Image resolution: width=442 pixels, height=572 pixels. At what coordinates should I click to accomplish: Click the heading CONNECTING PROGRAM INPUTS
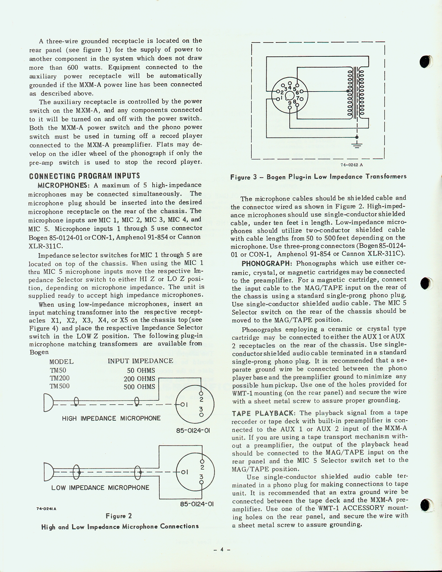pyautogui.click(x=84, y=176)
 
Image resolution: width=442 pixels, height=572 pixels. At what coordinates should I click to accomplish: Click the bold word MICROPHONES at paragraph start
pyautogui.click(x=60, y=185)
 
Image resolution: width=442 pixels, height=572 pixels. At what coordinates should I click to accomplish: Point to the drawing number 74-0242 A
pyautogui.click(x=352, y=165)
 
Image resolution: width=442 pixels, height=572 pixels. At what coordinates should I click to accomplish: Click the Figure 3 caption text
pyautogui.click(x=318, y=177)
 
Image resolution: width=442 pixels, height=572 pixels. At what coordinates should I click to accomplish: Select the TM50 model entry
pyautogui.click(x=58, y=370)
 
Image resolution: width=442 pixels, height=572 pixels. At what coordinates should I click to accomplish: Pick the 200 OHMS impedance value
pyautogui.click(x=139, y=379)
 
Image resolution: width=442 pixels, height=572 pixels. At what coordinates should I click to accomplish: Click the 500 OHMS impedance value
pyautogui.click(x=139, y=387)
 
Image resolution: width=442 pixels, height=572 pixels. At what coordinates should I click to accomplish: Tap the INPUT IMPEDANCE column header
pyautogui.click(x=140, y=361)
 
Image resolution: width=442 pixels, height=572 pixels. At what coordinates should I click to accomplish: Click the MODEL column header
pyautogui.click(x=61, y=362)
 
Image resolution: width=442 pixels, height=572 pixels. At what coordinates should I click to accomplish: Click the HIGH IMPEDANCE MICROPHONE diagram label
pyautogui.click(x=111, y=418)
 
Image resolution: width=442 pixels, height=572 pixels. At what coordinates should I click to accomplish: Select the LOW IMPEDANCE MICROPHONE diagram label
pyautogui.click(x=100, y=488)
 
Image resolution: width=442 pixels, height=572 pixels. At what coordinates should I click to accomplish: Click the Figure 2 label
pyautogui.click(x=119, y=516)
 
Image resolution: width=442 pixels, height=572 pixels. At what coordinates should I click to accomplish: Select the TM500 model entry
pyautogui.click(x=60, y=386)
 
